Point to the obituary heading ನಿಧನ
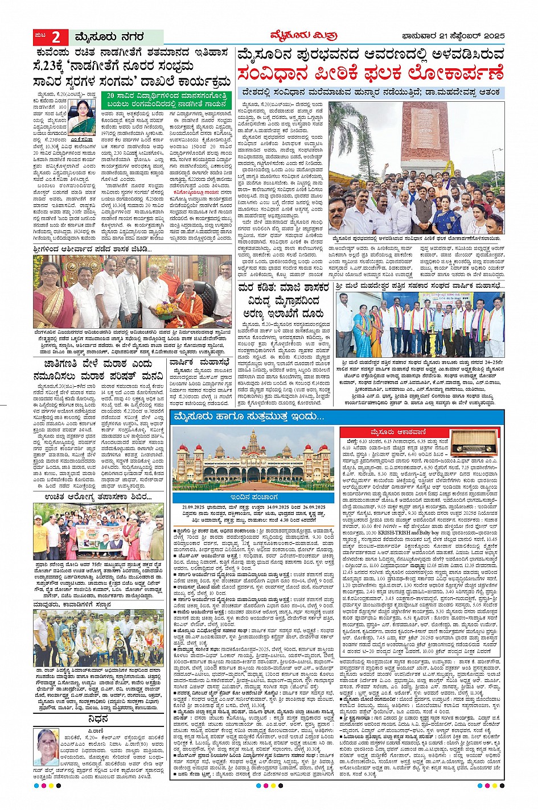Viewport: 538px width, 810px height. pyautogui.click(x=98, y=718)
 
